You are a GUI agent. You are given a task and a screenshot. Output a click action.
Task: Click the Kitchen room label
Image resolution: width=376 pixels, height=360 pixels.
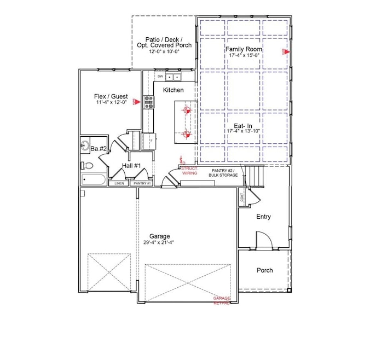tap(173, 90)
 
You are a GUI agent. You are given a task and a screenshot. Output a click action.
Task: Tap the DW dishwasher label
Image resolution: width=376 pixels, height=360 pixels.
tap(160, 77)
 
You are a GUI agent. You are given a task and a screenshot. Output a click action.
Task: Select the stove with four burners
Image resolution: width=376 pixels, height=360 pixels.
tap(148, 101)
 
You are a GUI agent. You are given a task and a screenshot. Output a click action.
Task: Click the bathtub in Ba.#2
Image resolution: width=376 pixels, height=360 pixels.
tap(93, 179)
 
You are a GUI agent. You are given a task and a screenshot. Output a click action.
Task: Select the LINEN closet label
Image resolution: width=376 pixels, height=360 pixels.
tap(119, 183)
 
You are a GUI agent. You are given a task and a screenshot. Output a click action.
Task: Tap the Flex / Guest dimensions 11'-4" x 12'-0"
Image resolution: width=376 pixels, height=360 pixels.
tap(111, 103)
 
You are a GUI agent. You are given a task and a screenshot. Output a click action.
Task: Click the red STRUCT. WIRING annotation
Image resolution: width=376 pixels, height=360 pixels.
tap(189, 171)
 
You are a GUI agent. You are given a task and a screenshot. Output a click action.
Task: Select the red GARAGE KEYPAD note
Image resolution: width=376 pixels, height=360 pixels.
tap(222, 300)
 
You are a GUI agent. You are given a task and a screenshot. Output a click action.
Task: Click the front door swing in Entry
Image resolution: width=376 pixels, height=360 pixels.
tap(263, 239)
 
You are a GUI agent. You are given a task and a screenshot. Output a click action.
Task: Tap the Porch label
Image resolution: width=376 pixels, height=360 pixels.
tap(264, 270)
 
